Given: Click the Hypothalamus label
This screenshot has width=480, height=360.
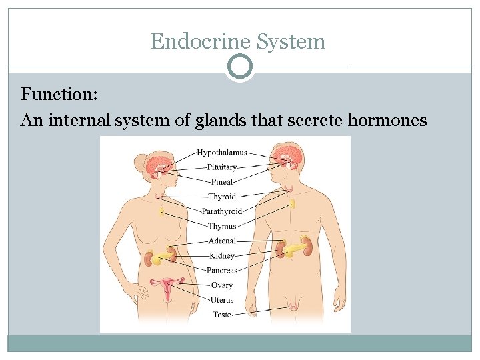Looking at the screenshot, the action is click(221, 153).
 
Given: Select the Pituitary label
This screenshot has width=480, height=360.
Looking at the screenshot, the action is click(221, 167).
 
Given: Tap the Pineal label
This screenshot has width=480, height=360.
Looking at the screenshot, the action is click(222, 181).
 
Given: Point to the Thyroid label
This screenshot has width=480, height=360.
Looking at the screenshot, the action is click(222, 197).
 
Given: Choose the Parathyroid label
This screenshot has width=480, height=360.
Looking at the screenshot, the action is click(222, 211).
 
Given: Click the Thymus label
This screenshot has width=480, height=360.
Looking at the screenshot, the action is click(222, 226).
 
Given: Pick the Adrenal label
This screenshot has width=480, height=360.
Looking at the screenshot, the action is click(222, 241).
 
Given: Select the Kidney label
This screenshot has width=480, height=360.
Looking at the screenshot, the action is click(222, 255).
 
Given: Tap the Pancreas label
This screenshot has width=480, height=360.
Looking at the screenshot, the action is click(222, 271).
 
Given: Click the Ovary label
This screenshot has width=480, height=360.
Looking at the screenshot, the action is click(222, 285).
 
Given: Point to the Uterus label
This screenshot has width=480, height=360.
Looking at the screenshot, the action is click(222, 300).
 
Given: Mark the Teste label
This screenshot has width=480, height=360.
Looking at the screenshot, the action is click(222, 315).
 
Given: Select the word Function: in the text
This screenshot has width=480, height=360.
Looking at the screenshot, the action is click(60, 94).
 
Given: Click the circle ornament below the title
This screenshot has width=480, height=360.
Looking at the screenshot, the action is click(240, 67).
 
